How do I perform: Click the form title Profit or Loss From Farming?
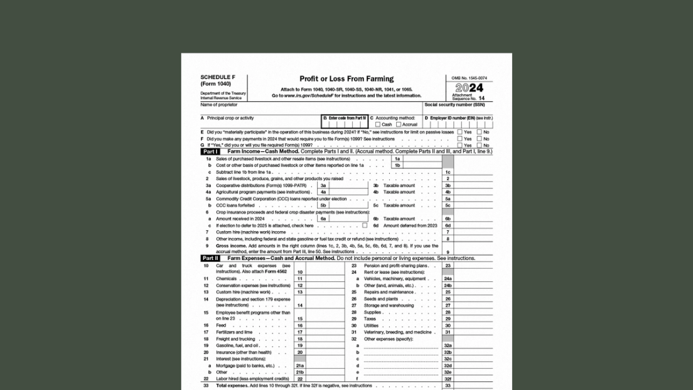tap(346, 79)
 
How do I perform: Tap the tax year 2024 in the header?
tap(469, 89)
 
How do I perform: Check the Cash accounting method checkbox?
tap(378, 124)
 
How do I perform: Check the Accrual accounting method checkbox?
tap(399, 124)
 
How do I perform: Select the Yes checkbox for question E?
tap(460, 133)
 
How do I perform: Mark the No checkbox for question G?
tap(480, 145)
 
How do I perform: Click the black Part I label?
tap(210, 152)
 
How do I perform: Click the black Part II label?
tap(210, 258)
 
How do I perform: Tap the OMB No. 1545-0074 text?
tap(469, 79)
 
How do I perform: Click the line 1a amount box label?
tap(397, 159)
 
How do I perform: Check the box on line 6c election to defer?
tap(365, 225)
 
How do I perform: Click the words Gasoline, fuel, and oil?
tap(238, 345)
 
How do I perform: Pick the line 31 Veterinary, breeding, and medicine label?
tap(399, 332)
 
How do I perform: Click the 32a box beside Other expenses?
tap(448, 345)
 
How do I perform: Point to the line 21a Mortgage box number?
tap(300, 366)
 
